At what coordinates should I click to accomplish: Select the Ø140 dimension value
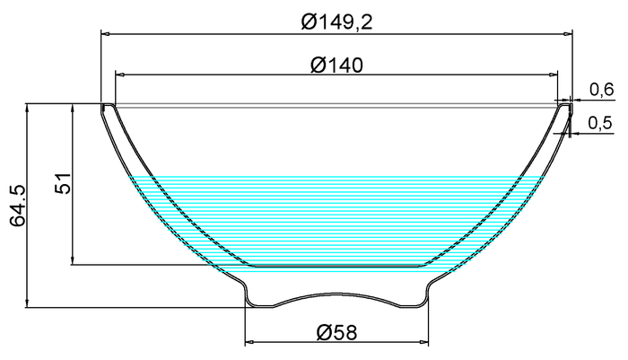pos(336,65)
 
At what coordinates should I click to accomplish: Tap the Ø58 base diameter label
pos(336,332)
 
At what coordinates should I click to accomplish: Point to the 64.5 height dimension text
pos(17,206)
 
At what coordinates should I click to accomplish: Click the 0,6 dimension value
pos(601,89)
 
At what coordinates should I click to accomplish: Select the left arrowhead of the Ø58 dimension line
pos(249,342)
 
